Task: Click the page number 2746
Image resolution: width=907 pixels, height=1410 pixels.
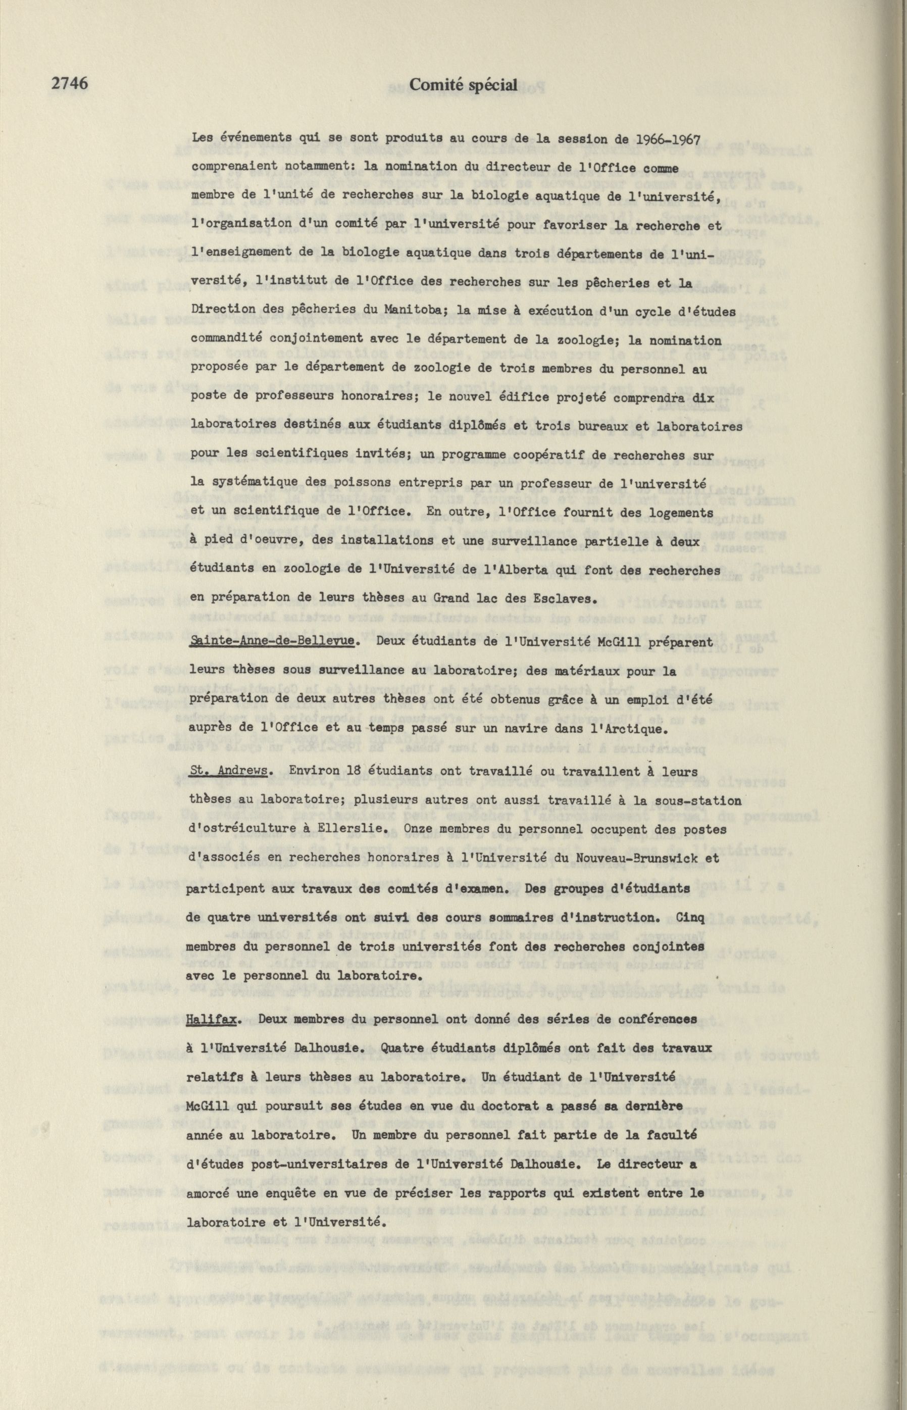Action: point(70,84)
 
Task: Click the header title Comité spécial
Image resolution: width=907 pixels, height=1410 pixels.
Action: point(463,85)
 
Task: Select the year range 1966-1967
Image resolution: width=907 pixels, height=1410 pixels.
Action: point(662,140)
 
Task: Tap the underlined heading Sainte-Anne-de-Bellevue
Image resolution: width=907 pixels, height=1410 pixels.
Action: point(272,641)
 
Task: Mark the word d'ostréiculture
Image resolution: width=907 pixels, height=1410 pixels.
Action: point(237,829)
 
